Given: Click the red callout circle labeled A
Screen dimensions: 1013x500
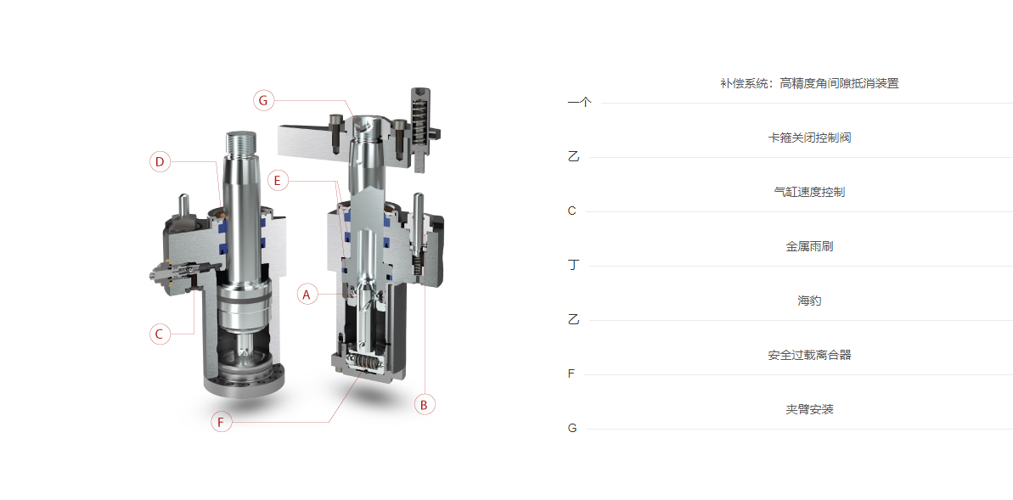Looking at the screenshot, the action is point(307,295).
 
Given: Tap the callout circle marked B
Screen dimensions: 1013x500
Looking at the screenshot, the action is point(425,405).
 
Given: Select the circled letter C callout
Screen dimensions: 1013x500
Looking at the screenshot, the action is point(160,334).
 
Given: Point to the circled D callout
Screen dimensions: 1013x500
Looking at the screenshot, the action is point(160,161).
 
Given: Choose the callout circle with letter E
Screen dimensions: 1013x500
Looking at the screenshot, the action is point(277,181).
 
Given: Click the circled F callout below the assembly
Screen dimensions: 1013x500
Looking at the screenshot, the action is point(221,423).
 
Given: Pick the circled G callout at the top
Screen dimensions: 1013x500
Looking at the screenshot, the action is point(263,101).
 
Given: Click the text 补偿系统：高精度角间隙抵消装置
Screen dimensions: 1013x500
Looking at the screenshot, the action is point(809,83).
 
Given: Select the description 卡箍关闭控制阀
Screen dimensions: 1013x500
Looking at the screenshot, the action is point(809,138).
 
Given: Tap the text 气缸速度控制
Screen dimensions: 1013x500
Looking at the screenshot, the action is point(809,192).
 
